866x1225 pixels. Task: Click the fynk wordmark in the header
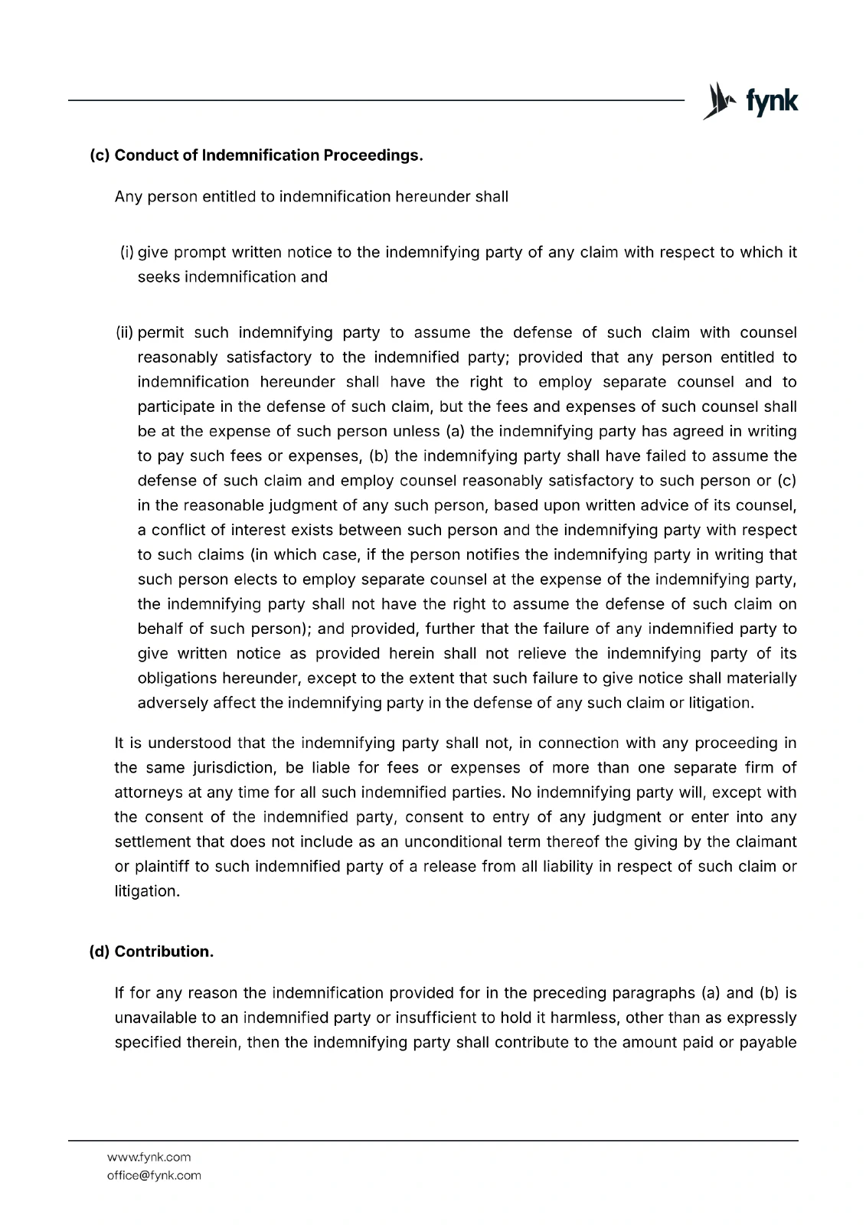coord(771,101)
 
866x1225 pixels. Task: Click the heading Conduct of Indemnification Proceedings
coord(268,155)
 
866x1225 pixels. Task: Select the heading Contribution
coord(164,952)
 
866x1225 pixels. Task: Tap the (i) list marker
coord(127,252)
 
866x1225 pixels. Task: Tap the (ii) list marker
coord(125,332)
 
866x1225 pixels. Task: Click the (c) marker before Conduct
coord(100,155)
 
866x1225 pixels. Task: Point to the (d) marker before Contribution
coord(100,952)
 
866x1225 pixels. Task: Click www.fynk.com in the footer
coord(149,1157)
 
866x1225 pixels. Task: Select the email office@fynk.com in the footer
coord(154,1175)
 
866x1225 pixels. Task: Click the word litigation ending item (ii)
coord(721,703)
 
